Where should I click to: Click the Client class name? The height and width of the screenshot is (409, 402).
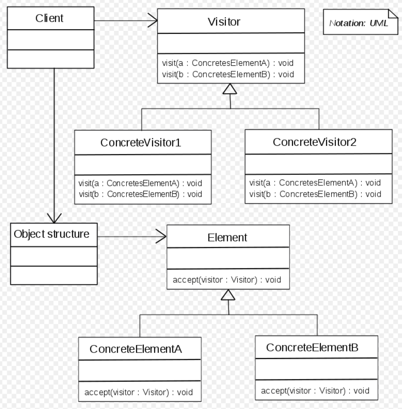(49, 18)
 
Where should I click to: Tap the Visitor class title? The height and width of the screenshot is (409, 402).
(224, 22)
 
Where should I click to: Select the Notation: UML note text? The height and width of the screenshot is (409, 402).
(358, 23)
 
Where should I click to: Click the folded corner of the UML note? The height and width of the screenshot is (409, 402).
(393, 14)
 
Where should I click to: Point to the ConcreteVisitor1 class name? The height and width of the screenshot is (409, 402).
(141, 143)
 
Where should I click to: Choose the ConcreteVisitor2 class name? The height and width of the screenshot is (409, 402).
(314, 142)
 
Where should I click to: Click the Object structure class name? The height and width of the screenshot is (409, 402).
(51, 234)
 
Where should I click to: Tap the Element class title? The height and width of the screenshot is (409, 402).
(227, 237)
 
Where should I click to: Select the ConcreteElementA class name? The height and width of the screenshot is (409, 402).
(136, 349)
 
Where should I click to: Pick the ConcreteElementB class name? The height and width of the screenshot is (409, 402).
(312, 347)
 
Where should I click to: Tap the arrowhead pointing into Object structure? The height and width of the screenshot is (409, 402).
(54, 218)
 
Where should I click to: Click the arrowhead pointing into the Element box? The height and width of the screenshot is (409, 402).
(161, 236)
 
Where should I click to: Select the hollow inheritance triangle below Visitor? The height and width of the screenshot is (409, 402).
(230, 89)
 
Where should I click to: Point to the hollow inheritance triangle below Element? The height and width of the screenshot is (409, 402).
(228, 295)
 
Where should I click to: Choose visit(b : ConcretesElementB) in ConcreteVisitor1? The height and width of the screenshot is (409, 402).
(140, 194)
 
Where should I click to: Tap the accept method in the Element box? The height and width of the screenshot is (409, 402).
(227, 280)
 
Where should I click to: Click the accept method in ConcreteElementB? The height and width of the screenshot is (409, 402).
(315, 391)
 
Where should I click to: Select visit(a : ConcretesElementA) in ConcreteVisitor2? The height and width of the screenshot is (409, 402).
(315, 183)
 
